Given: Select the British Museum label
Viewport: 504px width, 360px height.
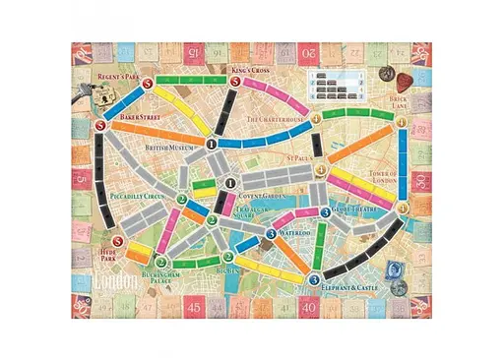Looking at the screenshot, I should point(168,147).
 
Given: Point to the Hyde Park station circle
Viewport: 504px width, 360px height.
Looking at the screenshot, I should point(118,243).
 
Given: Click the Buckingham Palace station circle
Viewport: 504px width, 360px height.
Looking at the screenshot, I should point(162,263).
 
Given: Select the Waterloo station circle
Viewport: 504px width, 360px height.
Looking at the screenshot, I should point(270,233).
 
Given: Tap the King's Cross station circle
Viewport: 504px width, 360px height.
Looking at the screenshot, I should point(229,83).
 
